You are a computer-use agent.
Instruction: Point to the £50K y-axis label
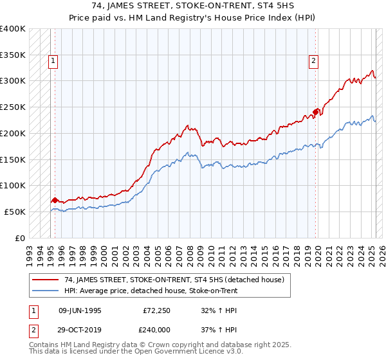(x=14, y=212)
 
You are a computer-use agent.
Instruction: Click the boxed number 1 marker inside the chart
(x=53, y=62)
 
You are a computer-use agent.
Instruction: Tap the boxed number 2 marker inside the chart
(x=313, y=62)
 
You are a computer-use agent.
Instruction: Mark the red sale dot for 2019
(x=315, y=112)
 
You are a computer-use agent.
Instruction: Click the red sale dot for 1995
(x=55, y=200)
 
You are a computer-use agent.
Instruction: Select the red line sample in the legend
(x=45, y=280)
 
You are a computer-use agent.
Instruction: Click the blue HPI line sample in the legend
(x=45, y=291)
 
